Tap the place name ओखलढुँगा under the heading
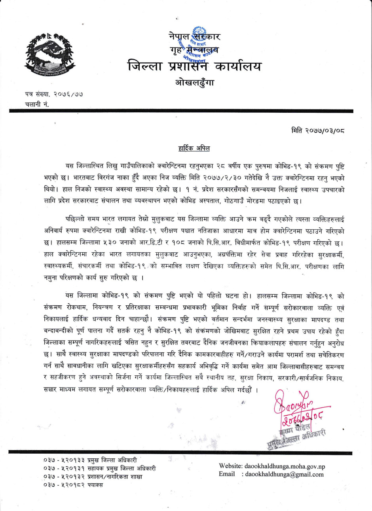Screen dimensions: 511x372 [194, 82]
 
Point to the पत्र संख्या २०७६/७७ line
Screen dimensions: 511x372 [53, 94]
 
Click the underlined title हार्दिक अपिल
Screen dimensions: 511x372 [194, 148]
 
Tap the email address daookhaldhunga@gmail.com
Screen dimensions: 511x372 [284, 474]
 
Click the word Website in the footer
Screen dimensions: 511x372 [231, 466]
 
